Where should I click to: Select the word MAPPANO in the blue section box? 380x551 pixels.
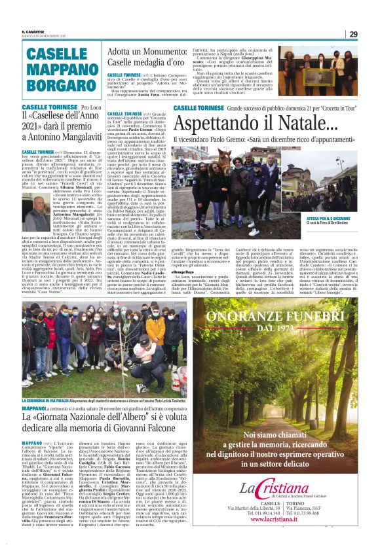(60, 68)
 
